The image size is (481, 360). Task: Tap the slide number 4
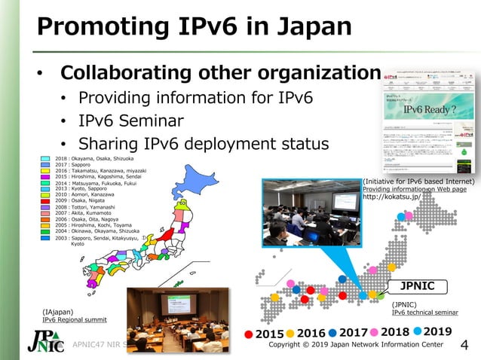click(x=464, y=346)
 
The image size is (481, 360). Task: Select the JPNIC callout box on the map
click(x=417, y=286)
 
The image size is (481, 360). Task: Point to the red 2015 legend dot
click(x=250, y=334)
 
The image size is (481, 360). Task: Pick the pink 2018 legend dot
click(x=375, y=332)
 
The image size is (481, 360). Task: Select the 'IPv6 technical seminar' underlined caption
click(x=424, y=313)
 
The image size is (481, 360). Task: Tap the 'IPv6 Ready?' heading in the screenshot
click(x=429, y=110)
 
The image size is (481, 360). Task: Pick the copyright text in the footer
click(x=356, y=345)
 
